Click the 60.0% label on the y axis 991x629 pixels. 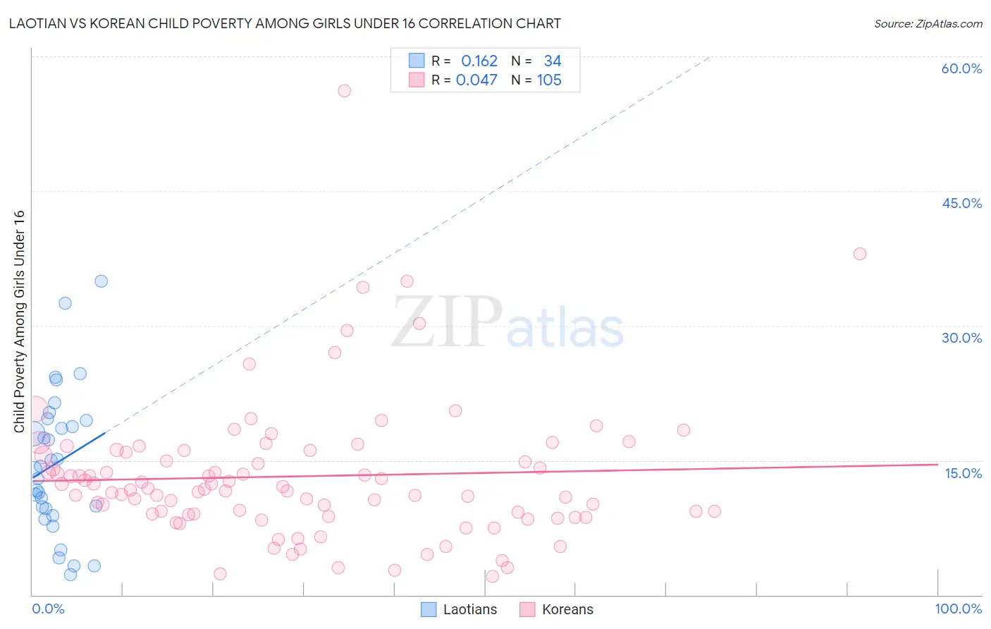(961, 68)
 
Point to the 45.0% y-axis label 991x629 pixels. (961, 203)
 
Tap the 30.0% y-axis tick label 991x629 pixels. (961, 338)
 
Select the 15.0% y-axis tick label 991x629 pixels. (963, 473)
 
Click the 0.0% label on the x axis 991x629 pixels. (48, 609)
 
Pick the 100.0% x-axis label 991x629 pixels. (958, 609)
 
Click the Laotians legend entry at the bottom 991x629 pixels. (459, 609)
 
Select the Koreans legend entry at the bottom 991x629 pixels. (557, 609)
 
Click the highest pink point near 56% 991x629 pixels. (344, 90)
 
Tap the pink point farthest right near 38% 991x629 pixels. (859, 254)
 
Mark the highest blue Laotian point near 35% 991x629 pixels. (101, 281)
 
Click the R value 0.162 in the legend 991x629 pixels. (479, 61)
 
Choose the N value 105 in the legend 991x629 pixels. (549, 80)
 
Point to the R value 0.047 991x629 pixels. (476, 80)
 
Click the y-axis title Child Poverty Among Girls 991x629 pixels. (19, 322)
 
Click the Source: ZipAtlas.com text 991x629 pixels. (928, 24)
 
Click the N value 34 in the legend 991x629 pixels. (553, 61)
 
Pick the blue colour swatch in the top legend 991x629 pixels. (417, 61)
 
